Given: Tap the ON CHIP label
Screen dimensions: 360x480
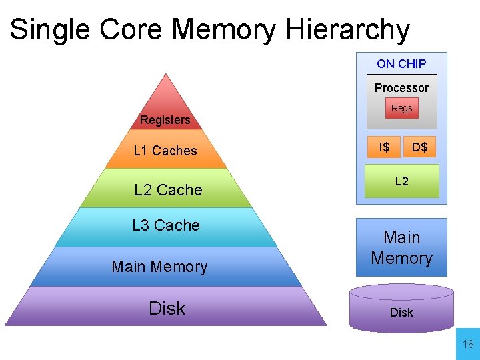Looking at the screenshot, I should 401,64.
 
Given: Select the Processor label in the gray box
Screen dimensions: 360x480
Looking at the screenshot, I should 401,88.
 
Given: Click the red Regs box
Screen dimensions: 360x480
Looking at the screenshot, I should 402,108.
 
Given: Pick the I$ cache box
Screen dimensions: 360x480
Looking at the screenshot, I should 385,147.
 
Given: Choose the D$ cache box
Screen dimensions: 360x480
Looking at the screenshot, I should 420,147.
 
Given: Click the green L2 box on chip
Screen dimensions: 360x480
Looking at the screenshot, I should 402,181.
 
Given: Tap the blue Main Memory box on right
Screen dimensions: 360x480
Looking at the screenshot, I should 401,247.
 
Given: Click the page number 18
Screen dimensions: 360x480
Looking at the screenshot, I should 468,345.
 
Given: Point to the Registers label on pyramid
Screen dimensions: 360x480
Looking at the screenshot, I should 165,120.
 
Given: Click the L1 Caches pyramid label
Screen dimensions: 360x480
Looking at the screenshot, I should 165,151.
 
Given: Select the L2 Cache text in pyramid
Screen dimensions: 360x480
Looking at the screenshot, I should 168,190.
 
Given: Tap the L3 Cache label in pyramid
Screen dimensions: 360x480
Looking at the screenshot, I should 166,225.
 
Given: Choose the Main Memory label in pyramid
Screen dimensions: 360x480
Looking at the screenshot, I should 160,267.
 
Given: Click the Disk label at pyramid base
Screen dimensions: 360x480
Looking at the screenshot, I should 167,308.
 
